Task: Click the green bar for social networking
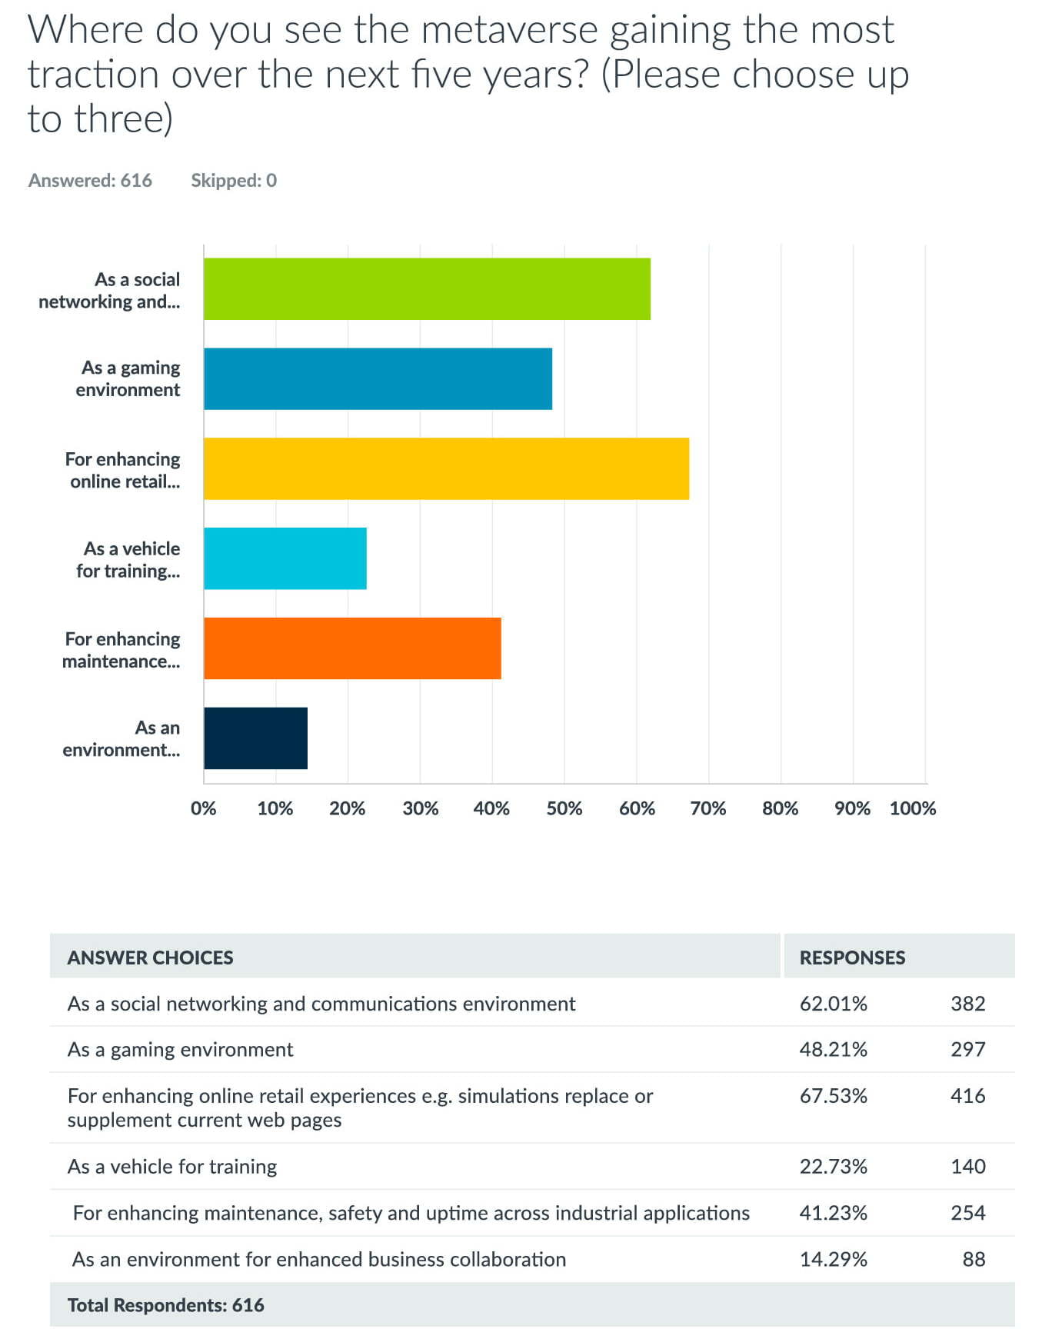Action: tap(427, 288)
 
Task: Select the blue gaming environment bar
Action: tap(378, 378)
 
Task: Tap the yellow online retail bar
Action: tap(446, 468)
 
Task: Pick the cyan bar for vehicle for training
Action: tap(285, 558)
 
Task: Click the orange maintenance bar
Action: tap(352, 648)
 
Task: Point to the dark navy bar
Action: tap(255, 738)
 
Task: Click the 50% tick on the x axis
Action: tap(564, 808)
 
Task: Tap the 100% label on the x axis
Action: tap(913, 808)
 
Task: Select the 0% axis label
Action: tap(204, 808)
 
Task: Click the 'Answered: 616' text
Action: tap(90, 181)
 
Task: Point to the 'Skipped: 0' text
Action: tap(234, 181)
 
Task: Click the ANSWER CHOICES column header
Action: tap(150, 958)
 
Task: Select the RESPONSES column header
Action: tap(852, 958)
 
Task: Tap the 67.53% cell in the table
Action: tap(834, 1096)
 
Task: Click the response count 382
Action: tap(968, 1004)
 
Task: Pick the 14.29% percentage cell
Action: tap(834, 1259)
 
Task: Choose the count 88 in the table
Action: tap(974, 1259)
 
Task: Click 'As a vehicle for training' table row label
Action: tap(172, 1167)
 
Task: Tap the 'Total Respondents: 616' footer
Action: tap(166, 1305)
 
